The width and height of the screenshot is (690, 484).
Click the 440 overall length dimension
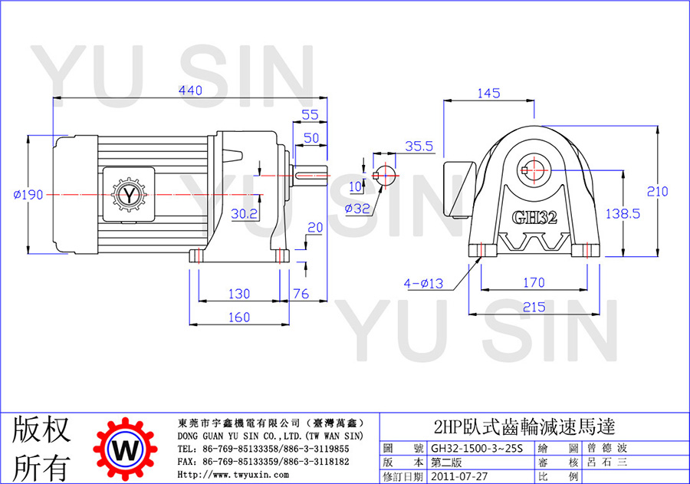click(190, 91)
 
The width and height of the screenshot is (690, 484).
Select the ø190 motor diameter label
click(28, 194)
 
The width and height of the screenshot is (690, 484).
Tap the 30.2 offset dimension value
click(245, 213)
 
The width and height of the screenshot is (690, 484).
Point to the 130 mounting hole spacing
click(239, 293)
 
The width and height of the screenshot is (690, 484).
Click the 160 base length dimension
click(239, 317)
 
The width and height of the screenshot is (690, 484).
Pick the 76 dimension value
click(301, 293)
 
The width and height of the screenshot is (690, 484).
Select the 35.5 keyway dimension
click(419, 147)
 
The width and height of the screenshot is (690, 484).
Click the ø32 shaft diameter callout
click(356, 209)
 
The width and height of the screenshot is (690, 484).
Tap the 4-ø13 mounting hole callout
click(423, 283)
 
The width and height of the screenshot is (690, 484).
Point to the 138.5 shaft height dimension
click(623, 213)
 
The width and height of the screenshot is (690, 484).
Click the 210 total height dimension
click(657, 191)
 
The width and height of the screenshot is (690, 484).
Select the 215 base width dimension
click(534, 307)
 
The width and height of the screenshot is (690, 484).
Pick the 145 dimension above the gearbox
click(488, 93)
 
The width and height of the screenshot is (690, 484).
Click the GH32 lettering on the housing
click(534, 217)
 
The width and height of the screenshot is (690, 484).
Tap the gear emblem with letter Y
click(129, 194)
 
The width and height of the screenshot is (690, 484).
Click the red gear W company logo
click(126, 449)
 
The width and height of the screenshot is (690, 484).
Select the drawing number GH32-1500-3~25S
click(477, 448)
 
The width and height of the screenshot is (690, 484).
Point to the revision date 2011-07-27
click(459, 476)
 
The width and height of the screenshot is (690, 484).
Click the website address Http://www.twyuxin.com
click(233, 475)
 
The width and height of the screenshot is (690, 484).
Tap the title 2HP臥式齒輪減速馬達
click(524, 426)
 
